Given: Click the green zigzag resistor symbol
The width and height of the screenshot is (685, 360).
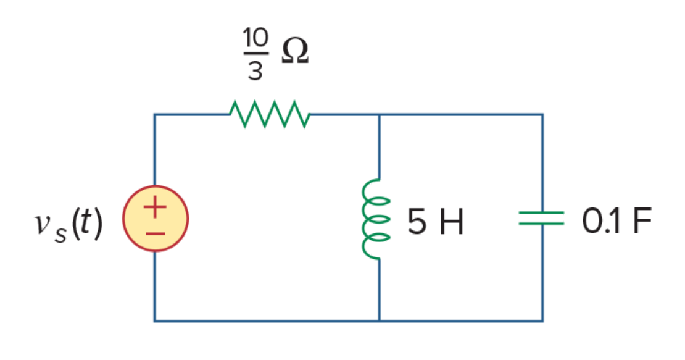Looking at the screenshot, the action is pos(270,114).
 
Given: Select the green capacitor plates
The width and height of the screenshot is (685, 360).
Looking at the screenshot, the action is pos(542,218).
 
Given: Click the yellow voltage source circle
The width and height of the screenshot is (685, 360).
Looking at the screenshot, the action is pos(156,219).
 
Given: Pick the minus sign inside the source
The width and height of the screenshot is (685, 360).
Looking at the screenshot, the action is pos(156,234).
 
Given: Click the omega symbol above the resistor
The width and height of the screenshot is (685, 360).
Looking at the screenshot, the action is pos(295,51).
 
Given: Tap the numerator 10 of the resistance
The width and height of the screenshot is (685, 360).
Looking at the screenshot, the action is pos(255,38).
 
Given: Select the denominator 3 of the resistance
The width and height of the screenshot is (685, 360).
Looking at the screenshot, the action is pos(255,70).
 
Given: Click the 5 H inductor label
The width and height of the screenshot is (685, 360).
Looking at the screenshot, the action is pos(435,222).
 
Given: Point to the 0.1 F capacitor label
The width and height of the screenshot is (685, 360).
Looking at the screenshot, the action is pos(616,220).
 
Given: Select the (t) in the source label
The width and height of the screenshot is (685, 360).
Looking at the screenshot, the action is pos(87,223).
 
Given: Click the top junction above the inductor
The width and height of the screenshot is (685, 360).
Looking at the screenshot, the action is pos(379,115).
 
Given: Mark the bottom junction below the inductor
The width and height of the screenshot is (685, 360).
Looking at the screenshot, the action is pos(379,321).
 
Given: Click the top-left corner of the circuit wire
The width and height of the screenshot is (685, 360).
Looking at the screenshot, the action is pos(154,115).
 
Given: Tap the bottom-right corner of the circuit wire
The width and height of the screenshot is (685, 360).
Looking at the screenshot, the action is pos(542,321).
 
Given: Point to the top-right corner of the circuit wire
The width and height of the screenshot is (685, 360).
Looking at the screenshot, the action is pos(542,115).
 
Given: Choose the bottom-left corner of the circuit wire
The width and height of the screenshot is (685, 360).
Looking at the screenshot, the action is pos(154,321).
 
